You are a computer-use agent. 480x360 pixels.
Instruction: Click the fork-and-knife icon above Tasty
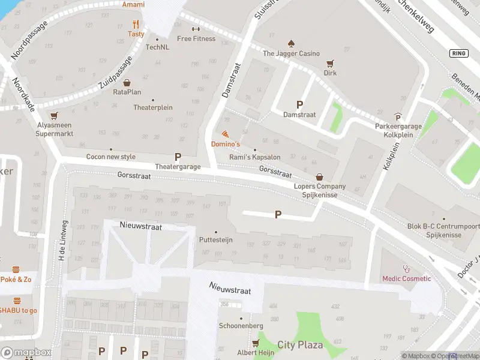pos(136,25)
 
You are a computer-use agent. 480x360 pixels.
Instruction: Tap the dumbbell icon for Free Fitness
pos(196,29)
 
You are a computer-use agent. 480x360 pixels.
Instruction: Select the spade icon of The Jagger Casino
pos(291,44)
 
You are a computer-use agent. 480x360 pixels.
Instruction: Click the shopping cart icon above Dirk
pos(329,63)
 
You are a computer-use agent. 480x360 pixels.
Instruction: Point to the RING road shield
pos(458,53)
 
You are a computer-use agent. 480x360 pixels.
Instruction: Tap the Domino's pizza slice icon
pos(225,134)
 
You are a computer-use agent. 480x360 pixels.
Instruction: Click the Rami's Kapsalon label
pos(255,157)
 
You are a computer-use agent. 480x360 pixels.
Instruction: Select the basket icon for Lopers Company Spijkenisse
pos(319,177)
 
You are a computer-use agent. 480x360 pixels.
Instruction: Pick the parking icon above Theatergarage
pos(178,157)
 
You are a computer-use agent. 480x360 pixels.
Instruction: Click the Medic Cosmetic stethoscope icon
pos(407,268)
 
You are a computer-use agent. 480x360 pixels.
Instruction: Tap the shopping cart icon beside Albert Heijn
pos(256,343)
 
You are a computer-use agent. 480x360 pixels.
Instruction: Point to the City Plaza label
pos(300,345)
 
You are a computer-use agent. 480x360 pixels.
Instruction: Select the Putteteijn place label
pos(215,239)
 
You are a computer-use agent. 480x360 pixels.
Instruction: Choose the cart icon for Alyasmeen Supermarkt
pos(54,115)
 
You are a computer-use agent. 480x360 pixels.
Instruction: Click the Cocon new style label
pos(111,157)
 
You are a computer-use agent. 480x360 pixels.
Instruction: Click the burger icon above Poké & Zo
pos(17,269)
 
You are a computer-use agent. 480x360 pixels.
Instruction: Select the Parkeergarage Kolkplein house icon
pos(398,117)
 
